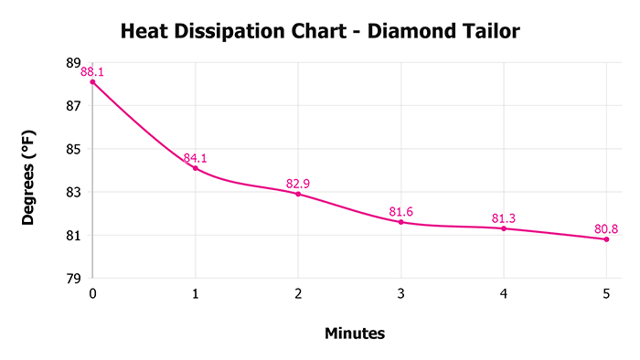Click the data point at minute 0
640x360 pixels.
tap(92, 82)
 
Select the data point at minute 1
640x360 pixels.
tap(195, 168)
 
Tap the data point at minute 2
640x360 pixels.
tap(298, 194)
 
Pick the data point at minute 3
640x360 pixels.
tap(400, 222)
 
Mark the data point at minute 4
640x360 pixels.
tap(504, 228)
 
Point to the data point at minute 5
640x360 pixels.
tap(606, 239)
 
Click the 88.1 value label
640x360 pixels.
tap(93, 70)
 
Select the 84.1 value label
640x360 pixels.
tap(196, 158)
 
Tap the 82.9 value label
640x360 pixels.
tap(298, 184)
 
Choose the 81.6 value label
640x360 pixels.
tap(401, 212)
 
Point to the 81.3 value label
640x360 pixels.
tap(504, 218)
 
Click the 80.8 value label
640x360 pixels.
tap(605, 228)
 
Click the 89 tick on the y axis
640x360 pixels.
tap(73, 63)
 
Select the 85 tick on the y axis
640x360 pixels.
tap(73, 149)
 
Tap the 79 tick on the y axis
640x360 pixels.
tap(73, 279)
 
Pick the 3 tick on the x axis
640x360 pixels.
tap(400, 293)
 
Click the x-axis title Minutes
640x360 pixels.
tap(355, 334)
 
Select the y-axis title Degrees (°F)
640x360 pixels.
tap(29, 170)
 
